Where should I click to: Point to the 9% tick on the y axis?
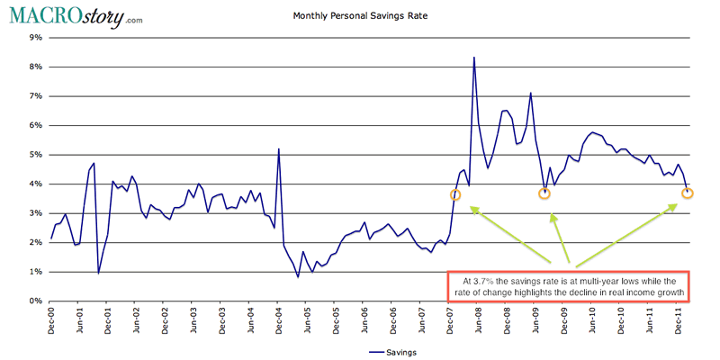(37, 38)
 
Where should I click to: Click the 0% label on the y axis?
(37, 301)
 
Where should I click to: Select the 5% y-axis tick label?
(37, 155)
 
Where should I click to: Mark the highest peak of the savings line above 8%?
(474, 58)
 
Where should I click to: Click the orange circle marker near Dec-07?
(455, 194)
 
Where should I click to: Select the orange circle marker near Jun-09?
(544, 193)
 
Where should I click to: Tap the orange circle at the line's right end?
(688, 193)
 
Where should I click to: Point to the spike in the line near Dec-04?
(279, 149)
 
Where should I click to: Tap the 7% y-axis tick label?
(37, 96)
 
